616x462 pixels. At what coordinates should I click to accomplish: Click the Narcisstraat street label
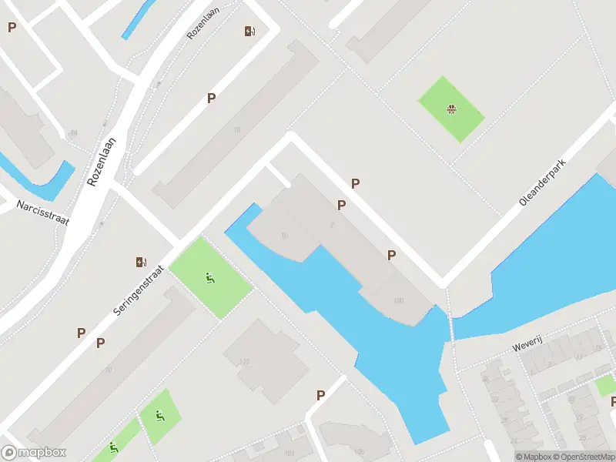(x=42, y=213)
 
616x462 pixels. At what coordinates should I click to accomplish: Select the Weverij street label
(x=530, y=345)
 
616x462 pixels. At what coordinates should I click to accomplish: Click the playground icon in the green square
(x=451, y=109)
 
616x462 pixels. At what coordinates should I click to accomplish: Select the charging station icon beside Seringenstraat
(x=141, y=262)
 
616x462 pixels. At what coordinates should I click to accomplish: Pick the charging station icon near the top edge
(x=249, y=31)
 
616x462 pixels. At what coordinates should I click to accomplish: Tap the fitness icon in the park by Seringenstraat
(x=209, y=278)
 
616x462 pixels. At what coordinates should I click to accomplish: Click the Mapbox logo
(x=34, y=453)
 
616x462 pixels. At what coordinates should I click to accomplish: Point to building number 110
(x=245, y=361)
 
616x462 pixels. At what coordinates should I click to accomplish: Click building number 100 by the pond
(x=398, y=301)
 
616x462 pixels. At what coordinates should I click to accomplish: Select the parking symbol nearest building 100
(x=391, y=255)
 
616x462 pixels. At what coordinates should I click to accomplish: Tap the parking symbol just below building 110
(x=320, y=395)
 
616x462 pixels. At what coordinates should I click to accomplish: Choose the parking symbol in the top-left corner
(x=12, y=28)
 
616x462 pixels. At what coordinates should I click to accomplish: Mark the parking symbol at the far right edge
(x=613, y=401)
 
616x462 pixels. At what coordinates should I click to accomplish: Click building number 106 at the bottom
(x=360, y=451)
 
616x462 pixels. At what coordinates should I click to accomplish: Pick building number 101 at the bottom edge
(x=289, y=453)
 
